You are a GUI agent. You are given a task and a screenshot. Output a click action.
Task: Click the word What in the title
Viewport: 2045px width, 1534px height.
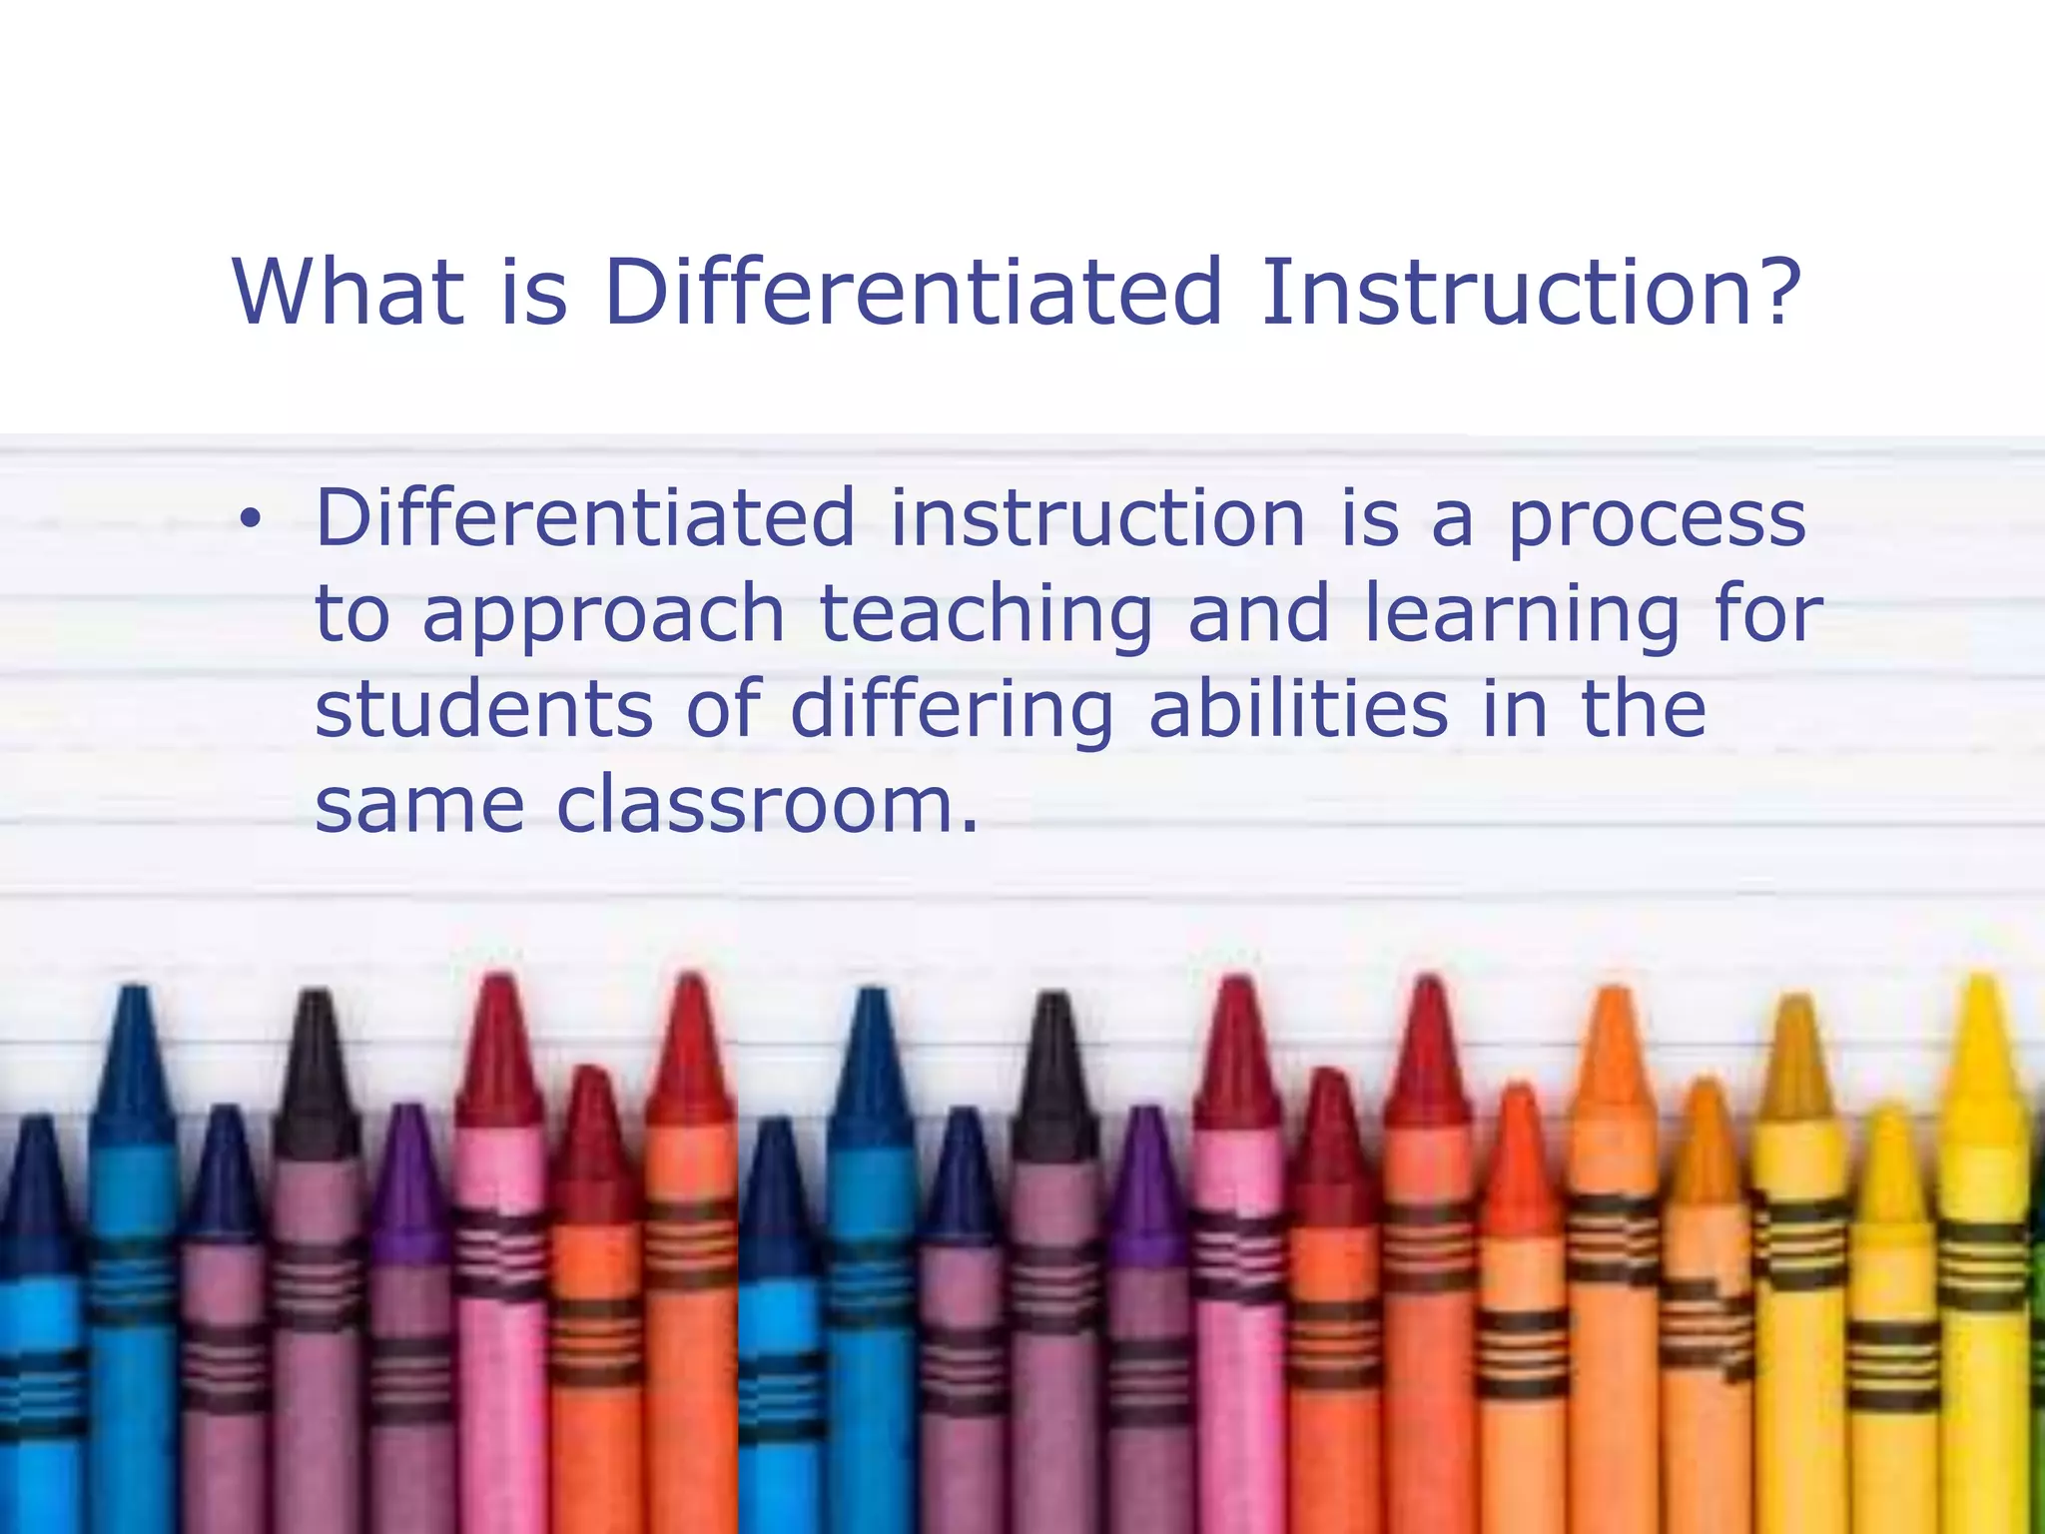(347, 292)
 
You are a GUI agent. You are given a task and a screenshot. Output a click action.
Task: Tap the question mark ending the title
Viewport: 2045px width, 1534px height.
(1775, 292)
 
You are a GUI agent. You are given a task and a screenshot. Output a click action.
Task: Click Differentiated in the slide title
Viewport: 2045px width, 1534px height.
(913, 292)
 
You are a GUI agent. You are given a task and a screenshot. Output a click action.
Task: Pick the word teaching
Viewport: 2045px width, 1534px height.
(987, 615)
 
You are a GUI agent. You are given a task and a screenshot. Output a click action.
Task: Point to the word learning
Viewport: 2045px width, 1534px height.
(1522, 615)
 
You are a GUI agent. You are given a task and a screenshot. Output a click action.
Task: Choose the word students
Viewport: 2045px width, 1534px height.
(484, 708)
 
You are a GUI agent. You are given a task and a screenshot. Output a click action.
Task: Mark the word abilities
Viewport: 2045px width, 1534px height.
(1299, 708)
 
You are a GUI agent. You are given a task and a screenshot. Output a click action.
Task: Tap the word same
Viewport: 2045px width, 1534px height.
(419, 805)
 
